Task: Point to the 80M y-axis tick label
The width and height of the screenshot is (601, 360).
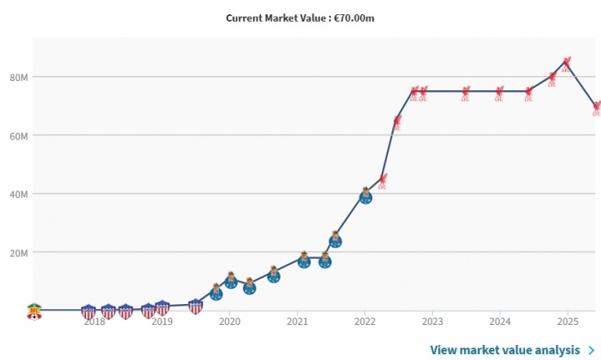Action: click(x=19, y=77)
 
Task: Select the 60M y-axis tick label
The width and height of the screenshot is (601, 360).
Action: click(x=19, y=135)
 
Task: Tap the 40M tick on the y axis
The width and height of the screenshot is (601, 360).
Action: click(x=19, y=194)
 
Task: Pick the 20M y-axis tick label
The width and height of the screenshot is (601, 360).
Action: click(x=19, y=252)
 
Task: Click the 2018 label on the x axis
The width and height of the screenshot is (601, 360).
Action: click(x=93, y=321)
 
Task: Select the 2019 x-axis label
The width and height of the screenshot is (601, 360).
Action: click(x=161, y=321)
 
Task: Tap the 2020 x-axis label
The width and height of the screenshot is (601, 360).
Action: click(x=229, y=321)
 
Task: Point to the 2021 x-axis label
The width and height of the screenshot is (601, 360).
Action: click(x=296, y=321)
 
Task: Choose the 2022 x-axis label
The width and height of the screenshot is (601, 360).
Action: click(x=364, y=321)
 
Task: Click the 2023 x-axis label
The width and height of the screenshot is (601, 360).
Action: click(x=432, y=321)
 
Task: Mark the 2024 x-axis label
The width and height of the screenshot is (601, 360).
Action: click(x=499, y=321)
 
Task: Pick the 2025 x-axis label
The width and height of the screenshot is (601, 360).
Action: click(x=567, y=321)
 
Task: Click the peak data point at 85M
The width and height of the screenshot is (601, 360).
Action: click(x=567, y=62)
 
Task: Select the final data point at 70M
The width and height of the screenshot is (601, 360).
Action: click(x=597, y=107)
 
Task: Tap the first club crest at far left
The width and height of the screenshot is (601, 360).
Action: click(x=34, y=311)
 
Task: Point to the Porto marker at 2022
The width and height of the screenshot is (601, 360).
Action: click(x=366, y=195)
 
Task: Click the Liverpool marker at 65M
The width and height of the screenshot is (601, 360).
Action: click(x=397, y=121)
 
